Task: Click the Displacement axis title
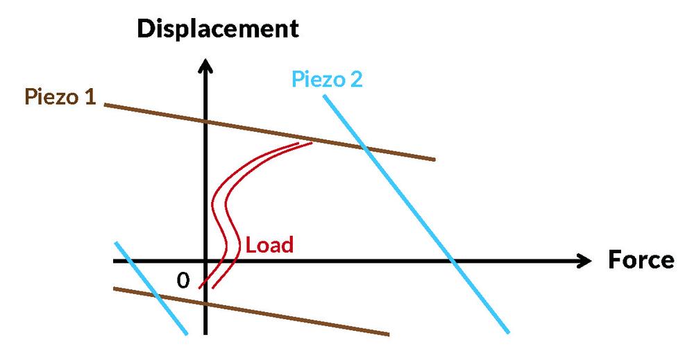point(218,28)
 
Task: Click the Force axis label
point(641,260)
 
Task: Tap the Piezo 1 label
point(60,97)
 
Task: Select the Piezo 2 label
point(326,79)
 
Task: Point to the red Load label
point(270,245)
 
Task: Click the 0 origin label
point(183,280)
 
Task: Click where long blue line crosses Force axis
point(452,262)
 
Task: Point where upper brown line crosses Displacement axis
point(205,121)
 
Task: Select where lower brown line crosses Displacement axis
point(205,303)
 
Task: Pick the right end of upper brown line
point(434,160)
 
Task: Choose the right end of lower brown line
point(388,334)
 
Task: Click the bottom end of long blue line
point(508,332)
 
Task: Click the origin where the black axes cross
point(205,262)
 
